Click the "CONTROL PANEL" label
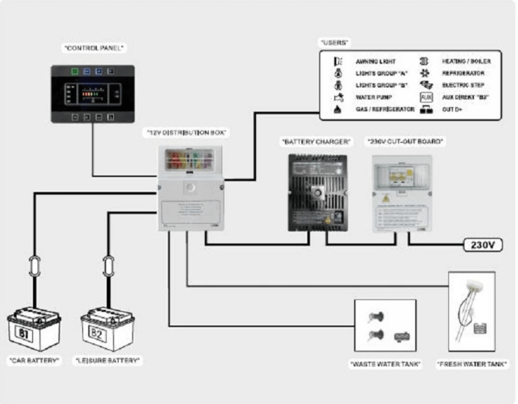pyautogui.click(x=94, y=48)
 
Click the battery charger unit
pyautogui.click(x=317, y=192)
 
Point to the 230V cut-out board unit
pyautogui.click(x=401, y=192)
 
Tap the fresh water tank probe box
pyautogui.click(x=471, y=311)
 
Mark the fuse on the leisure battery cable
pyautogui.click(x=108, y=267)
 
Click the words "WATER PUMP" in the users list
pyautogui.click(x=373, y=97)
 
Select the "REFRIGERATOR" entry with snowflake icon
pyautogui.click(x=463, y=73)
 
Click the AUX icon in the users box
pyautogui.click(x=426, y=97)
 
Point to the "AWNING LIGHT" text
pyautogui.click(x=375, y=62)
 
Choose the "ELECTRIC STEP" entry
pyautogui.click(x=462, y=85)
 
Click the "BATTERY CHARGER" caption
pyautogui.click(x=316, y=142)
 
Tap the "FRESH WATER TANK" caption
pyautogui.click(x=471, y=364)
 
